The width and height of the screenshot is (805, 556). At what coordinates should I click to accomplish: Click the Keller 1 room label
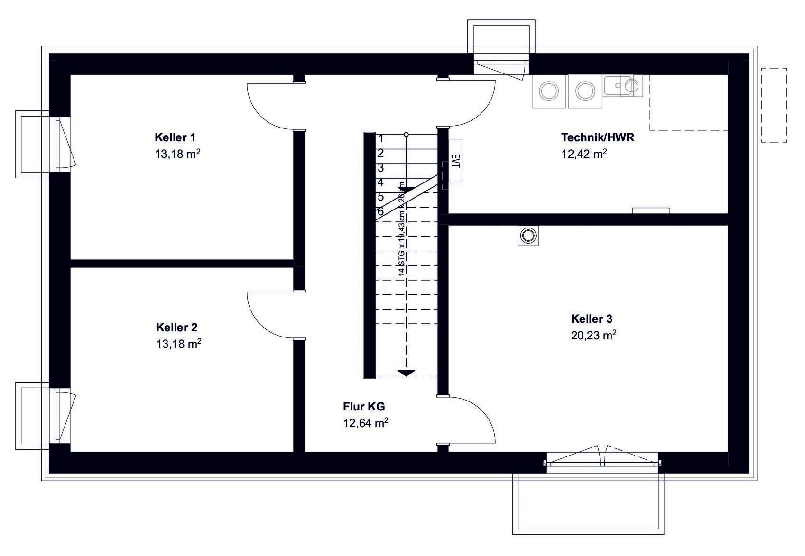[x=175, y=137]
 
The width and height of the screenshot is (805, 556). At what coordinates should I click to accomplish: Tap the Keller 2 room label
[x=176, y=328]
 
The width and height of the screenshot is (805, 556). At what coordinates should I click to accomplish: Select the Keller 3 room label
[x=595, y=319]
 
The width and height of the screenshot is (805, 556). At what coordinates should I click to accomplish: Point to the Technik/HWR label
[x=598, y=137]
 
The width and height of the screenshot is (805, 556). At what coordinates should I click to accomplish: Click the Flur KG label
[x=364, y=406]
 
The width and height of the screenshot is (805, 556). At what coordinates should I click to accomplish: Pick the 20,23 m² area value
[x=593, y=336]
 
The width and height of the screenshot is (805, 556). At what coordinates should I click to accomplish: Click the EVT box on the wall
[x=455, y=161]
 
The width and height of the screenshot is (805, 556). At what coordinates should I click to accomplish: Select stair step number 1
[x=380, y=139]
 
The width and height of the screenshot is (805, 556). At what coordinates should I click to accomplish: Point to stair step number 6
[x=380, y=212]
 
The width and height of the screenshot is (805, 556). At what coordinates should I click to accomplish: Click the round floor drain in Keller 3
[x=527, y=235]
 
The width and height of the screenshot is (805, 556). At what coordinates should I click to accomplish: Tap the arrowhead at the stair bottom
[x=406, y=373]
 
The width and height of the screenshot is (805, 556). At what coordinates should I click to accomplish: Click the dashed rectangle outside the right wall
[x=774, y=105]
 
